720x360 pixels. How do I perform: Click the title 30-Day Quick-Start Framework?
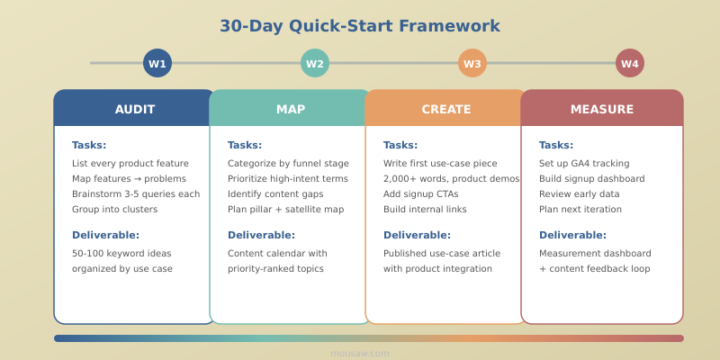click(360, 26)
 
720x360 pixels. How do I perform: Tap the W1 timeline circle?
click(157, 63)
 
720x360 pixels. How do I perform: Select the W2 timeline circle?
click(315, 63)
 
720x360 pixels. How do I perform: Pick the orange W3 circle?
click(472, 63)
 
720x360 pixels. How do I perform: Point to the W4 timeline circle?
click(630, 63)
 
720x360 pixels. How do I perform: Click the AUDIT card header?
click(135, 109)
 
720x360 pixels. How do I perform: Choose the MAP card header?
click(291, 109)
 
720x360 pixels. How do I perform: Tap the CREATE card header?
click(446, 109)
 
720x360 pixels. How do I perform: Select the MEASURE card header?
click(602, 109)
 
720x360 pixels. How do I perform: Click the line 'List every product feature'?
click(130, 164)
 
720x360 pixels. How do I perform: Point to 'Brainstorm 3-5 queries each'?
click(136, 194)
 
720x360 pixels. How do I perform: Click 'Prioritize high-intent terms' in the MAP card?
click(288, 179)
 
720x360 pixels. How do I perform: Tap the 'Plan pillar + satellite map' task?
click(285, 210)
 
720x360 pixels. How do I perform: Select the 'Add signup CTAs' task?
click(420, 194)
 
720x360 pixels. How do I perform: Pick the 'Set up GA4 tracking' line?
click(584, 164)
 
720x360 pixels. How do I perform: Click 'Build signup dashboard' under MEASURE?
click(591, 179)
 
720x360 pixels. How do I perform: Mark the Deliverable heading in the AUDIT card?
click(105, 235)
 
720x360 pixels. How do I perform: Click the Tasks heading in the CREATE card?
click(400, 145)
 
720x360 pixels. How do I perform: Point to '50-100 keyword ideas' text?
click(121, 254)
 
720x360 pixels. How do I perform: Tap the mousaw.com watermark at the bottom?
click(360, 354)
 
